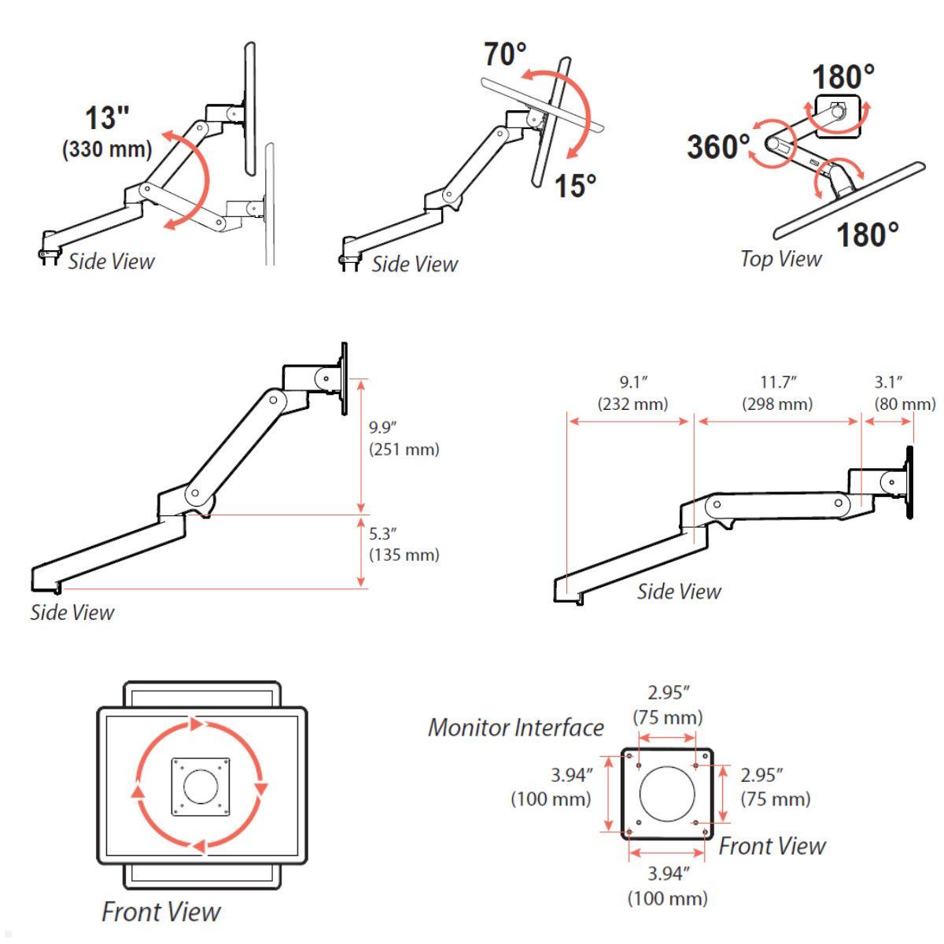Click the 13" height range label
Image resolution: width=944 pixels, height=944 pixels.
(x=108, y=118)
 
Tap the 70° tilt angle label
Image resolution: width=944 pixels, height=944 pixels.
(x=504, y=56)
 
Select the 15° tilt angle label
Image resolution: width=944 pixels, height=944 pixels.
(x=575, y=186)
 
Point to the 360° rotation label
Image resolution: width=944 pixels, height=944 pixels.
(x=717, y=147)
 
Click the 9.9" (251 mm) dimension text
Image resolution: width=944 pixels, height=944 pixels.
(x=404, y=439)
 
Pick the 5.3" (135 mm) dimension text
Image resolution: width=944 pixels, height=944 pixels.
(x=404, y=544)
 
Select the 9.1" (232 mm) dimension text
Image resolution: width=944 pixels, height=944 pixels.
(x=632, y=393)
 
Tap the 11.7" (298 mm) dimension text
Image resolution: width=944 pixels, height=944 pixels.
(x=778, y=393)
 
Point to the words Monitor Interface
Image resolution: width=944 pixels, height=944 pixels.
(x=515, y=728)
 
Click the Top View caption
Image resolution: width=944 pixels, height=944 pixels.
(x=780, y=259)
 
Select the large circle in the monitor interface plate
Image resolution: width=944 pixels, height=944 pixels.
(x=668, y=793)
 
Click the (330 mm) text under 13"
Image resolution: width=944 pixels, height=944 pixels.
(x=108, y=149)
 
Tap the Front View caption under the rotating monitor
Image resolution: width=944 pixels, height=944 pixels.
(x=161, y=912)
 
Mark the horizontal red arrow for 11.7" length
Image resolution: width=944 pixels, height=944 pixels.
(x=778, y=422)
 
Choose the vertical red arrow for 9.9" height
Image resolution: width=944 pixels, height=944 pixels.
(x=361, y=445)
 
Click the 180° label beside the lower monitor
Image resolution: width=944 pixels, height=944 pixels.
(x=867, y=235)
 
